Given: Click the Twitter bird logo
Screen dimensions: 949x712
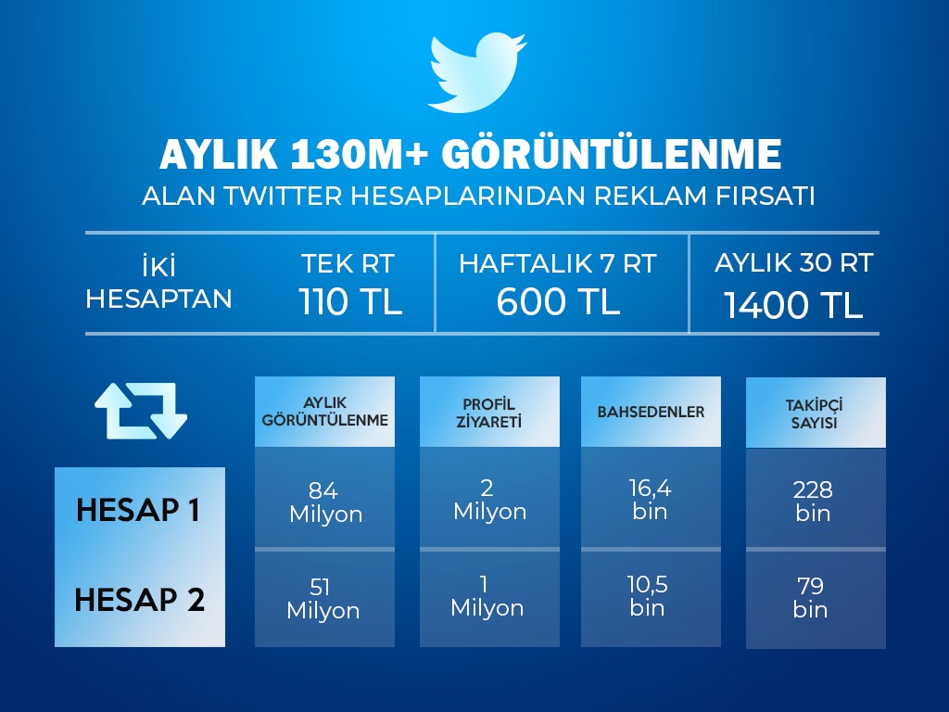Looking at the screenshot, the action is (x=475, y=72).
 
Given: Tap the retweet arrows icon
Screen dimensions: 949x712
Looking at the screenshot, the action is (x=141, y=411).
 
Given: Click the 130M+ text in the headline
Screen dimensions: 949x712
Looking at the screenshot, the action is (x=359, y=155).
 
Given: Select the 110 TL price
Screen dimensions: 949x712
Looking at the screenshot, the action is (x=350, y=301).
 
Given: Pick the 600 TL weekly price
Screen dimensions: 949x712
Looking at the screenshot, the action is (x=558, y=301).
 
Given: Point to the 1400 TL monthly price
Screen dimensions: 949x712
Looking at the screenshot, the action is (x=793, y=304).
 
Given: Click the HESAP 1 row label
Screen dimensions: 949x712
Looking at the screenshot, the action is (x=139, y=510).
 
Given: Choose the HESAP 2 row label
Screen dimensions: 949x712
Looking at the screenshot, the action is (x=140, y=600).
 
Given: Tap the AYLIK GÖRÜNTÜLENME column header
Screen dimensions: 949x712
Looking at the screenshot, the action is (x=324, y=412).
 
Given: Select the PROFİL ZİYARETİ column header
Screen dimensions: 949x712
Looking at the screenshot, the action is (x=489, y=412).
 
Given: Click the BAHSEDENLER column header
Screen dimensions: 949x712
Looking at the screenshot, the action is (x=651, y=412).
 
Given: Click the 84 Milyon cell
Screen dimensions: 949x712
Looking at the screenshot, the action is (x=325, y=502).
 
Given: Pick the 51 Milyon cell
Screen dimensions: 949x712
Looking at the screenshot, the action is (x=323, y=598).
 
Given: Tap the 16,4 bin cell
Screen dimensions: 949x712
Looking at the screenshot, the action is (x=650, y=500).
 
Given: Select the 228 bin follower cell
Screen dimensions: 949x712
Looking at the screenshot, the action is (x=813, y=501).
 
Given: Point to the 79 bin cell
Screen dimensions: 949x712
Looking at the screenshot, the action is (x=810, y=597).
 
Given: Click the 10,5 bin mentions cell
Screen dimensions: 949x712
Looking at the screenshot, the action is (x=647, y=596).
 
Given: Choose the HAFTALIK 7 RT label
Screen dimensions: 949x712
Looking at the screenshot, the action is (x=557, y=263).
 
